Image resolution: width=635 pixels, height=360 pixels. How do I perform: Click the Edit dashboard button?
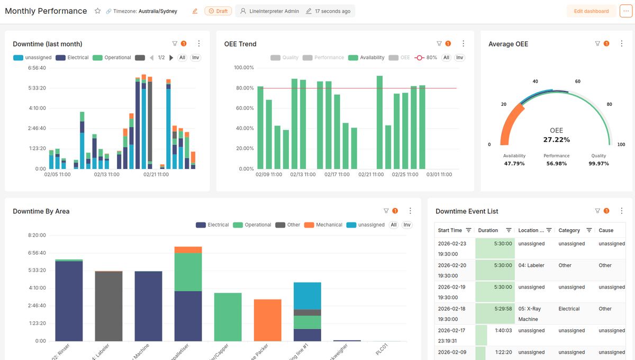point(591,11)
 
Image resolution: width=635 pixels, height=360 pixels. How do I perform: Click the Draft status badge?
point(218,11)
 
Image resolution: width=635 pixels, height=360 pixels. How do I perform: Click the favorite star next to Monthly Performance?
point(97,11)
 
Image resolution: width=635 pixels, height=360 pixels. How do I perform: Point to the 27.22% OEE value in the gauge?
point(556,140)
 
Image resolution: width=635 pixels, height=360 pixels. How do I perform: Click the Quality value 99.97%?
point(599,164)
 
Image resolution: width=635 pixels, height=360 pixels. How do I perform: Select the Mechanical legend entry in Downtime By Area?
point(323,225)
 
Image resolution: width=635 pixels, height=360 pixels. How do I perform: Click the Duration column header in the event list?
point(488,230)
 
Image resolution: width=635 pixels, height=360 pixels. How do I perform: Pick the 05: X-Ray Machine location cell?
point(535,314)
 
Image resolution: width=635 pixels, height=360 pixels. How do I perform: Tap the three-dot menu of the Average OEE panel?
point(621,44)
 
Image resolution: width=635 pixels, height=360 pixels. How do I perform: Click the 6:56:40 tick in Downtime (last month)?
point(37,68)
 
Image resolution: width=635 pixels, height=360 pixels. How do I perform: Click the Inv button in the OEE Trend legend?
point(459,58)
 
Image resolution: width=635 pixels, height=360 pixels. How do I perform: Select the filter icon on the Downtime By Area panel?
point(386,211)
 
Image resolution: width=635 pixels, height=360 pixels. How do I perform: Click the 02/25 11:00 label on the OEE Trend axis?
point(405,174)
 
